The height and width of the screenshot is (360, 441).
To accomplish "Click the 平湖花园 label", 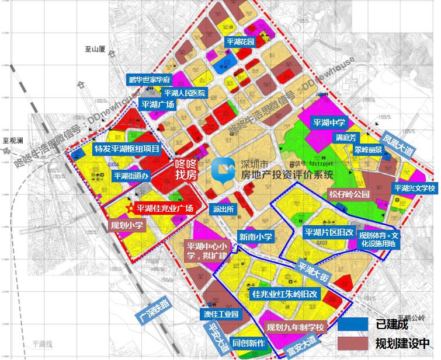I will tap(241, 43).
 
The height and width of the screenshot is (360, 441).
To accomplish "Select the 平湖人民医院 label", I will tap(184, 93).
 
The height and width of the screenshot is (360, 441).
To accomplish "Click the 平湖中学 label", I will tap(329, 123).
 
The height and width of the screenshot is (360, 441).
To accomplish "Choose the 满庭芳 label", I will tap(346, 138).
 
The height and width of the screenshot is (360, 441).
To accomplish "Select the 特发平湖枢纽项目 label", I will tap(127, 149).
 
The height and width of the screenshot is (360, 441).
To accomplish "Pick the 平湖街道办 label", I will tap(132, 175).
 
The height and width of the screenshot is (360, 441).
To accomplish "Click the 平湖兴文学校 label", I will tap(414, 188).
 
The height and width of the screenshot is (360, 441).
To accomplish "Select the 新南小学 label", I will tap(256, 236).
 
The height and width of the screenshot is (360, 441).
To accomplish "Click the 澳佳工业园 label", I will tap(221, 314).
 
